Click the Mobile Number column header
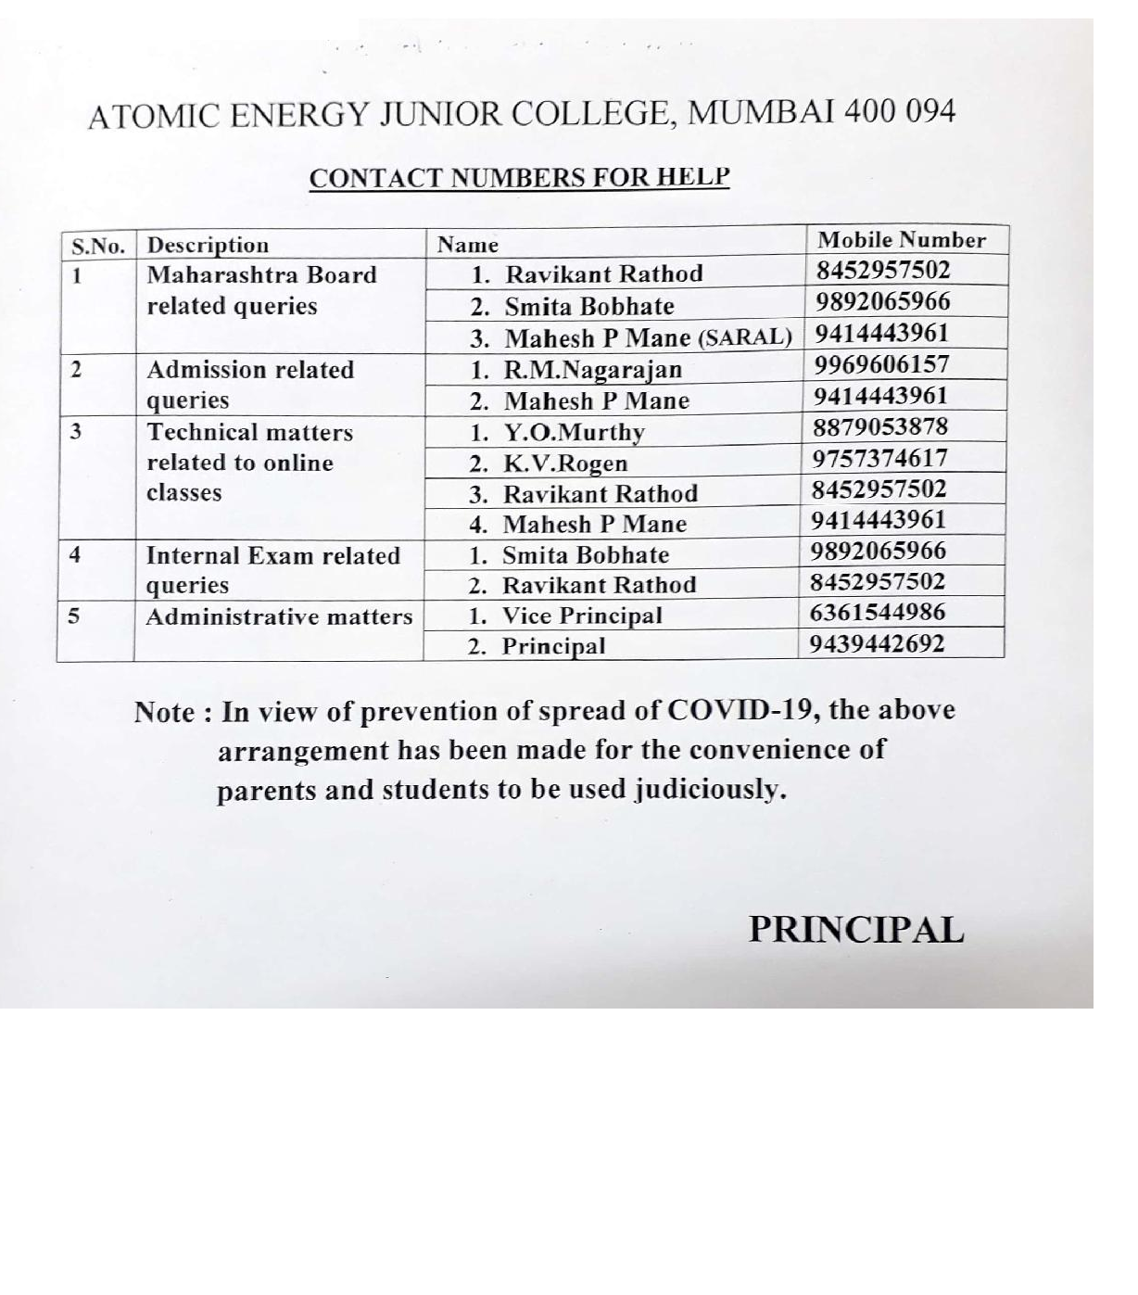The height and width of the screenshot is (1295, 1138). coord(901,240)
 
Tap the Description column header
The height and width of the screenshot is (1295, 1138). coord(208,246)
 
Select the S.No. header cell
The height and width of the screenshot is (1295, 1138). coord(98,247)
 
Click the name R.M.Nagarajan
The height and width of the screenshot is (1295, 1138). coord(592,370)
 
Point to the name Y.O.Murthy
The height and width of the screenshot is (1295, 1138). coord(574,432)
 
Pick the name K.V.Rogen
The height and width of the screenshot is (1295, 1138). coord(565,463)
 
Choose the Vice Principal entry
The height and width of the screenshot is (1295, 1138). coord(582,616)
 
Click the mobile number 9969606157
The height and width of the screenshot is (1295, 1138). coord(881,364)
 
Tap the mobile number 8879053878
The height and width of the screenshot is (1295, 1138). coord(880,427)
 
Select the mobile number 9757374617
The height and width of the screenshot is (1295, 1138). coord(879,458)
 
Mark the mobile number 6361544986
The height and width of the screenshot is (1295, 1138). coord(878,613)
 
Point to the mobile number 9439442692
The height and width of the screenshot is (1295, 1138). coord(877,643)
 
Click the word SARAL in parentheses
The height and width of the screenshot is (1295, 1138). coord(744,337)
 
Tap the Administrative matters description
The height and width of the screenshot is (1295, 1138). coord(279,617)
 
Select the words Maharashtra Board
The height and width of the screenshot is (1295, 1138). coord(262,275)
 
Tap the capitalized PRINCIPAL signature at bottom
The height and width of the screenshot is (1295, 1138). coord(856,930)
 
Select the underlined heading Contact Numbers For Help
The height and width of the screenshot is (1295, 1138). coord(519,177)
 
